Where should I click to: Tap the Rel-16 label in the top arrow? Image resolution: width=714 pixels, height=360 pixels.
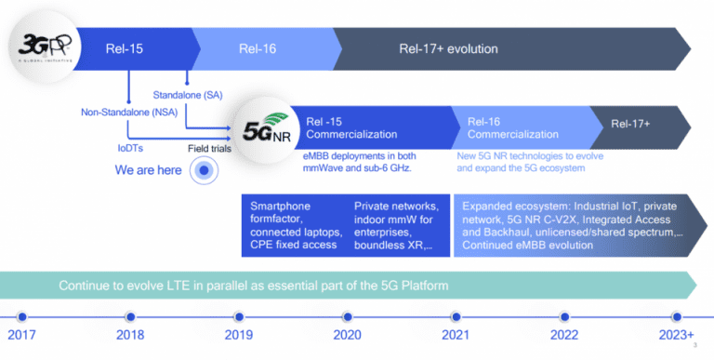(257, 48)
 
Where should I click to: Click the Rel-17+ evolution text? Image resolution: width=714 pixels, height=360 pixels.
(449, 48)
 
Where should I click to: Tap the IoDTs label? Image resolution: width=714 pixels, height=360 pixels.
(130, 147)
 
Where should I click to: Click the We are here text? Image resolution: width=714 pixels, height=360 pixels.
(148, 170)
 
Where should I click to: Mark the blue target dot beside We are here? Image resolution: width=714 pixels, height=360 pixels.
(204, 170)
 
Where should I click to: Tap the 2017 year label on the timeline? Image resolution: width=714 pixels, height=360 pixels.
(21, 335)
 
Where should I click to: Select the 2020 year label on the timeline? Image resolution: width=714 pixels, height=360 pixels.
(346, 335)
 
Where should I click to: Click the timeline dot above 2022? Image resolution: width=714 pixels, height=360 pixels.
(563, 315)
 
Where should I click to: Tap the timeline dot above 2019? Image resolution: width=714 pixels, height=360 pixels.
(238, 315)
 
